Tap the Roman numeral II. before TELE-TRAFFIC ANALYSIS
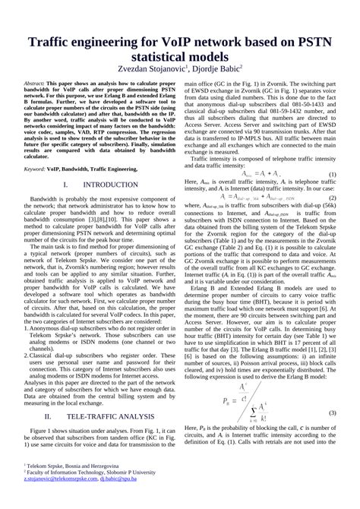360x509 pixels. tap(48, 416)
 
